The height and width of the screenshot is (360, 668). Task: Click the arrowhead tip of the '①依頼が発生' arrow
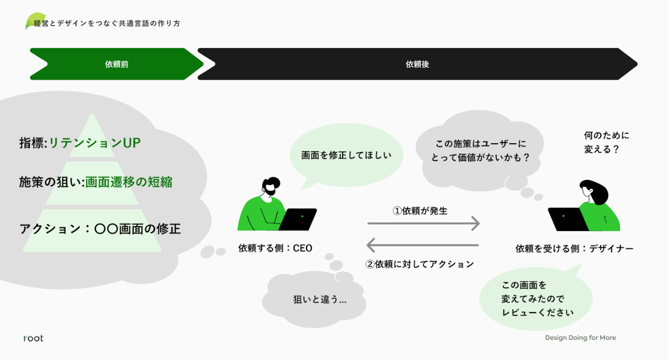pos(479,223)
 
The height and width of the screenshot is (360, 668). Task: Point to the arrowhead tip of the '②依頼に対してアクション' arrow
pos(367,245)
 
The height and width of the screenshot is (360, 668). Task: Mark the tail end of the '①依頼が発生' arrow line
pos(368,223)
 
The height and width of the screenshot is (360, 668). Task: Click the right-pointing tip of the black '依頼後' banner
pos(637,64)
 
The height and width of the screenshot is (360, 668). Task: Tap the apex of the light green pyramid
pos(92,114)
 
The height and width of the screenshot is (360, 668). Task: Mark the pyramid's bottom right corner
pos(161,251)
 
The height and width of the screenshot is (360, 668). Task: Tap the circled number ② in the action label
pos(370,264)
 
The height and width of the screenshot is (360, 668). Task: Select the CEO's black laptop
pos(298,219)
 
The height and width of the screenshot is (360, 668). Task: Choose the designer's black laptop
pos(568,219)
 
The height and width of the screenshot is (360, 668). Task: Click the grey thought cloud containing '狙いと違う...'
pos(314,299)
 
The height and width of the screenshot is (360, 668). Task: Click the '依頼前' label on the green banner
pos(117,64)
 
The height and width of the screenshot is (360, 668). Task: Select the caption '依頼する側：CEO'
pos(275,248)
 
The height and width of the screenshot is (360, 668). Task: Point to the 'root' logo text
pos(34,338)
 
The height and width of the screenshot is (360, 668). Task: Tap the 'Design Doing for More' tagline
pos(580,338)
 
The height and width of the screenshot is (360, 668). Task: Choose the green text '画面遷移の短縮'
pos(129,182)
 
